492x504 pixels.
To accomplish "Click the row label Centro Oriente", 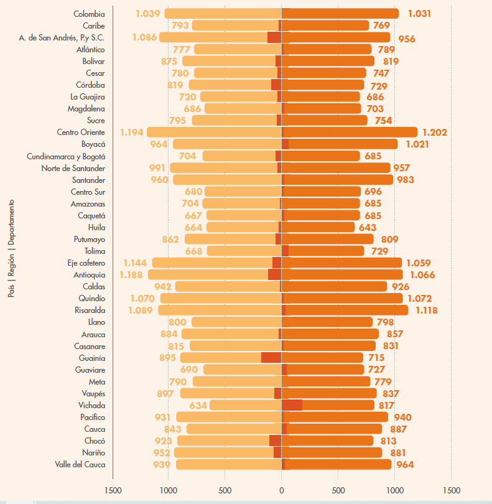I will pos(81,133).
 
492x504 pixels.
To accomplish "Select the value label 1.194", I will pos(132,133).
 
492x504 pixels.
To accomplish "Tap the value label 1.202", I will pos(434,133).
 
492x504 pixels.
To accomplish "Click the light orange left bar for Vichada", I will pos(245,405).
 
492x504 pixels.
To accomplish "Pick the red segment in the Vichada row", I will pos(292,405).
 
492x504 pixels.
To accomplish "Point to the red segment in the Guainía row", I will pos(271,358).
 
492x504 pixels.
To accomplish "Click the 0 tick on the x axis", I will pos(281,490).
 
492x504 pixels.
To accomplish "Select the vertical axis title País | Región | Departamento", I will pos(11,249).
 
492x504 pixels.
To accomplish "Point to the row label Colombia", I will pos(89,14).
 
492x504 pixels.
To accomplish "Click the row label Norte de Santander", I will pos(73,168).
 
